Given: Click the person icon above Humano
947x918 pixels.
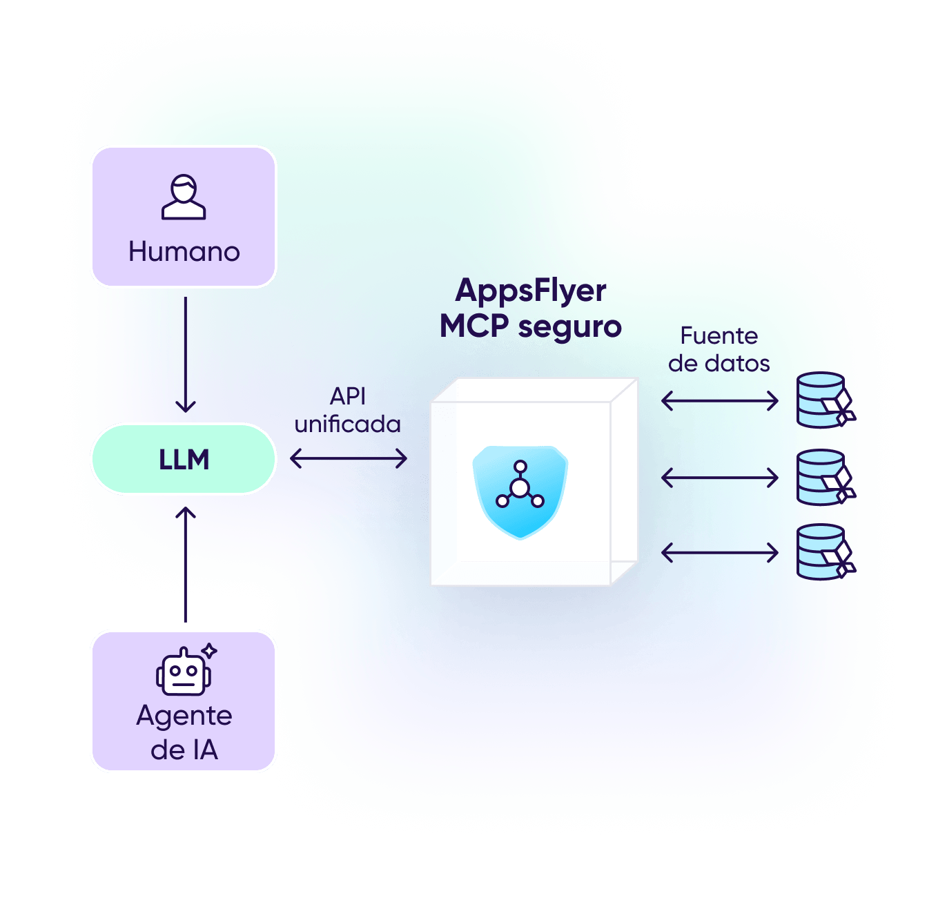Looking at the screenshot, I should click(x=184, y=197).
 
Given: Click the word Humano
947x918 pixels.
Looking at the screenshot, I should click(x=184, y=252).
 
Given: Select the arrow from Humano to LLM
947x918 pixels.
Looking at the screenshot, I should click(x=186, y=355).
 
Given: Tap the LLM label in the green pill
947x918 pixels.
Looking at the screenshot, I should click(x=184, y=460).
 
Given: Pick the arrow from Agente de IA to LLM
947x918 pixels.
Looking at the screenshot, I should click(x=186, y=565).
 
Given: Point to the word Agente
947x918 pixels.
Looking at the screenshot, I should click(x=184, y=716).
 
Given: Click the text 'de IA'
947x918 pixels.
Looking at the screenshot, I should click(x=184, y=750).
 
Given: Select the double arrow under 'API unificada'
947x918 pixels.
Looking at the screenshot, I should click(x=349, y=458).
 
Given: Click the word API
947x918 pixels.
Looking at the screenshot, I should click(x=348, y=396).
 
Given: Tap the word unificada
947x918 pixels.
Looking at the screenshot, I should click(x=348, y=424).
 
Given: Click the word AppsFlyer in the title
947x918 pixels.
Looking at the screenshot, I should click(x=531, y=291).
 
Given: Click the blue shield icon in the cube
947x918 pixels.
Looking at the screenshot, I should click(x=520, y=491).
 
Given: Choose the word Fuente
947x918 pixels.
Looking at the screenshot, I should click(x=719, y=336).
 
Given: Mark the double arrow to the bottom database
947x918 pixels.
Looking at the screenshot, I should click(x=720, y=552).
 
